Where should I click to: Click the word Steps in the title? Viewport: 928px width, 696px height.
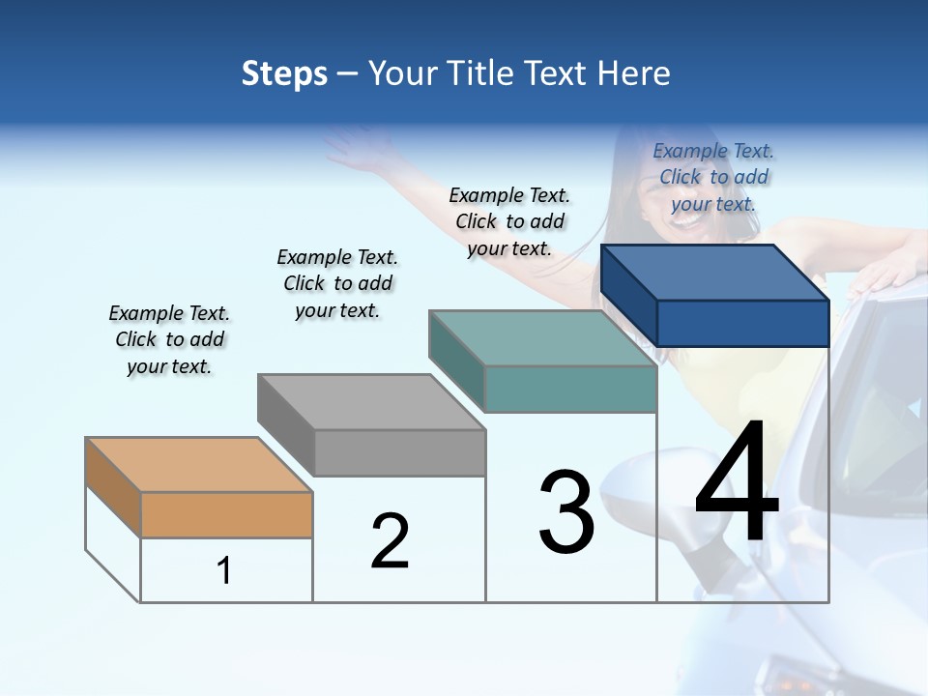pos(284,73)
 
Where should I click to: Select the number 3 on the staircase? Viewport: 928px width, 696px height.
pos(565,512)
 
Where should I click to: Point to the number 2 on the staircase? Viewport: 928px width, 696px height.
pos(390,541)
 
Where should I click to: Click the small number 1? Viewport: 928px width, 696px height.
pos(223,571)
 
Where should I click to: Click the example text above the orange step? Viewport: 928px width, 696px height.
pos(168,339)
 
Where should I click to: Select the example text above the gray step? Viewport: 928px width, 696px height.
pos(337,283)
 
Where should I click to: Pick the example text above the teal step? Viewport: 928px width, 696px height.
pos(509,221)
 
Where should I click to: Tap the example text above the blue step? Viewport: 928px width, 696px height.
pos(713,177)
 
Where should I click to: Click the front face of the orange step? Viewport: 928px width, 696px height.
pos(226,514)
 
